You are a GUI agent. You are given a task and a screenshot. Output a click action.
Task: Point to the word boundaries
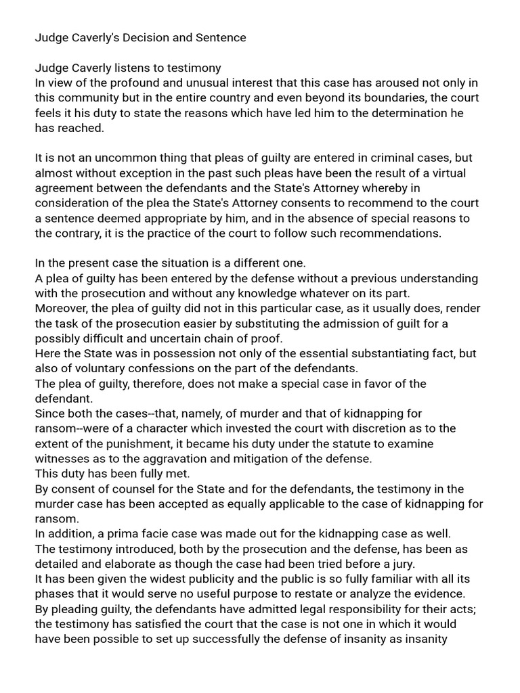[x=385, y=98]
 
